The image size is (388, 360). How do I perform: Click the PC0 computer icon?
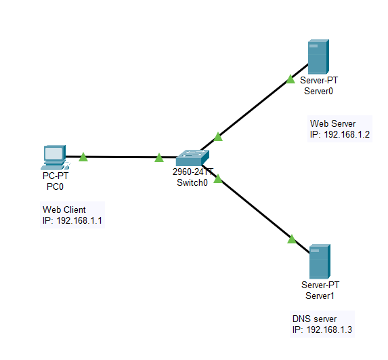click(x=53, y=157)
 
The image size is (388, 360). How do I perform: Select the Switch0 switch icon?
click(x=192, y=158)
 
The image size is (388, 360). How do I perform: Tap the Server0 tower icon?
click(x=318, y=57)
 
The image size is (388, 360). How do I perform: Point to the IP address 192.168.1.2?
click(x=346, y=135)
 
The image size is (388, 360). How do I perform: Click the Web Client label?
click(x=65, y=209)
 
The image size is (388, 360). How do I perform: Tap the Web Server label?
click(x=332, y=123)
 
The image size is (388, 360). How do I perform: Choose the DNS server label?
click(x=314, y=319)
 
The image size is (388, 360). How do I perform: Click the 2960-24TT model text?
click(x=192, y=172)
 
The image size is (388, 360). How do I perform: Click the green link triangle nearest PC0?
click(x=83, y=157)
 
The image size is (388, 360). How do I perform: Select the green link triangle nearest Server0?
click(x=290, y=79)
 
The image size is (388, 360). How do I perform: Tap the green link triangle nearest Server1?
click(x=292, y=239)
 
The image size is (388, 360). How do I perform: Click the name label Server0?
click(x=318, y=90)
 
